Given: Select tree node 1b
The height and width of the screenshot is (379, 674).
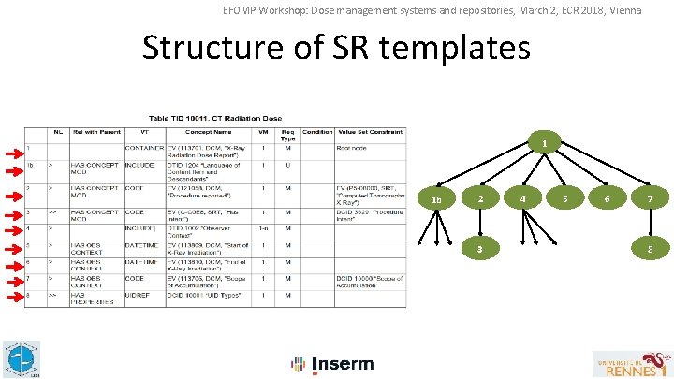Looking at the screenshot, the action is pos(436,199).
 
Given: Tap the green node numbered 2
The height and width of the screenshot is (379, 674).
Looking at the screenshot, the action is pos(480,198).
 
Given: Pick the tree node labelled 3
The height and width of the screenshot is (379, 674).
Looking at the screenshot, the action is pos(480,249).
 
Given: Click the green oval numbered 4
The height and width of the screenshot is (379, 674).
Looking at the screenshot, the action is pos(522,198).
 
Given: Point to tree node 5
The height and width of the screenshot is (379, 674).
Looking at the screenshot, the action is pos(565,198).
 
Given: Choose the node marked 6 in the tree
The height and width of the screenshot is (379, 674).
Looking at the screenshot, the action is pos(608,198).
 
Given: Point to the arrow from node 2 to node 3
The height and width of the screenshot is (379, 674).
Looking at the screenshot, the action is pos(480,224).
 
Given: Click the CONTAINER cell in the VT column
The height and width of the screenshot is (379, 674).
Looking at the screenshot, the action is pos(142,147).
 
